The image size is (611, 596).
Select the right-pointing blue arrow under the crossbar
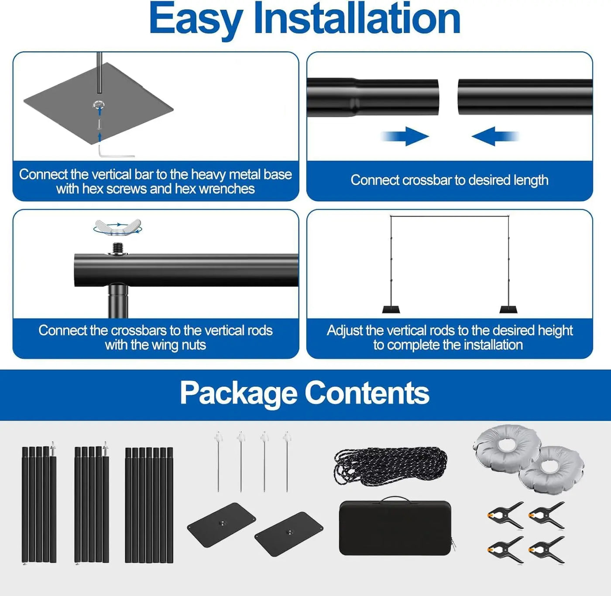click(x=405, y=136)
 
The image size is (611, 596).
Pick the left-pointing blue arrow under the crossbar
click(x=495, y=136)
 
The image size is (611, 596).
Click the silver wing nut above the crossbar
click(x=118, y=226)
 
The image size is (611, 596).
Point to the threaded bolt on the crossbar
click(x=118, y=249)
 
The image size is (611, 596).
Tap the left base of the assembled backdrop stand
click(x=391, y=310)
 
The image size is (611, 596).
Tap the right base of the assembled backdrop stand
click(x=508, y=310)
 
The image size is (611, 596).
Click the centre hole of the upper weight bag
click(x=506, y=445)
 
